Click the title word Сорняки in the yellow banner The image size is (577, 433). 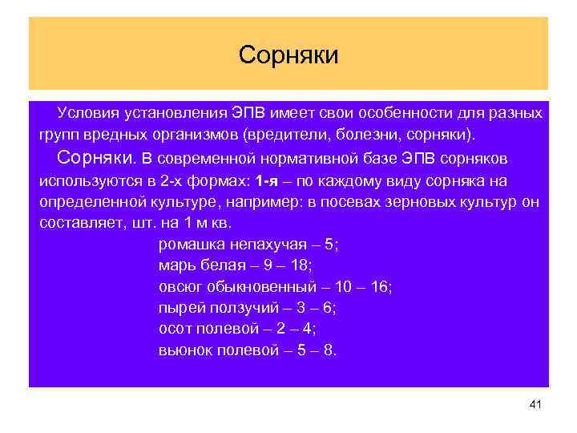pyautogui.click(x=288, y=55)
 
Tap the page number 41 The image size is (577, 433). pyautogui.click(x=536, y=404)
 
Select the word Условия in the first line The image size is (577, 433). pyautogui.click(x=87, y=112)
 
